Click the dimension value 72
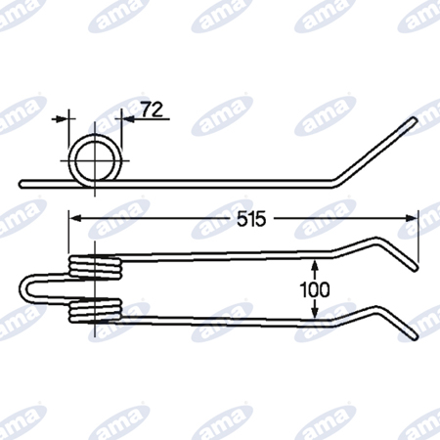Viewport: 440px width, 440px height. (x=152, y=110)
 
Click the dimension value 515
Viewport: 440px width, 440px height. (x=251, y=219)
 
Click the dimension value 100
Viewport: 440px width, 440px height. (x=315, y=289)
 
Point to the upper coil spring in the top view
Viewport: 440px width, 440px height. (x=95, y=268)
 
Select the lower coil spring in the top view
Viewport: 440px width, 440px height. (x=95, y=310)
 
